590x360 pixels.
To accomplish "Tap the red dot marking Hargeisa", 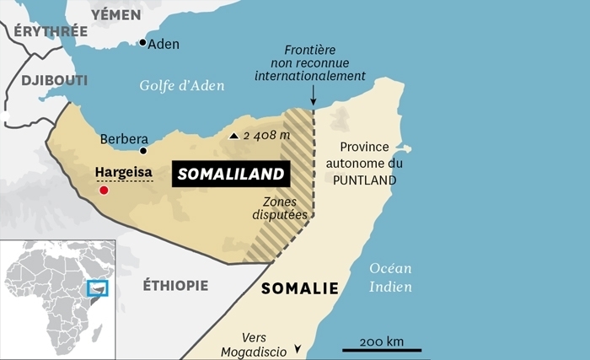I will click(x=104, y=191).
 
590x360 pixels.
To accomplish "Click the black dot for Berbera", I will click(x=143, y=151).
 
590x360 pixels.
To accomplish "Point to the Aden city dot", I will click(x=143, y=42).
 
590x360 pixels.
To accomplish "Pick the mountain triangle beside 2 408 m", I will click(x=233, y=135).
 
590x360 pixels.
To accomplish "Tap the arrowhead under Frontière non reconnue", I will click(x=313, y=104).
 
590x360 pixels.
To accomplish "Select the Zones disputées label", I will click(x=279, y=208).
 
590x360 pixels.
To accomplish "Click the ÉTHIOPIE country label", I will click(x=175, y=285).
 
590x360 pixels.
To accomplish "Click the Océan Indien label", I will click(x=389, y=278).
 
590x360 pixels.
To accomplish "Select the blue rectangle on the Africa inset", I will click(x=98, y=287).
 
